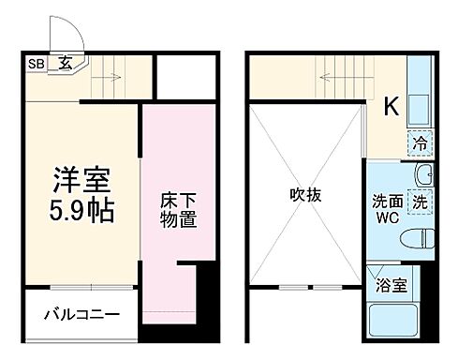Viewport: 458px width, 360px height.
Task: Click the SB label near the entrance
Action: [x=36, y=64]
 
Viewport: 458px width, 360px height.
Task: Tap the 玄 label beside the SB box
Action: [x=66, y=64]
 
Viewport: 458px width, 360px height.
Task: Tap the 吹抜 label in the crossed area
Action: [x=305, y=196]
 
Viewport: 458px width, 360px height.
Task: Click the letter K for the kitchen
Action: [x=390, y=106]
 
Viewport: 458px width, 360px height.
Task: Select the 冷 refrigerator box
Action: [x=420, y=145]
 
